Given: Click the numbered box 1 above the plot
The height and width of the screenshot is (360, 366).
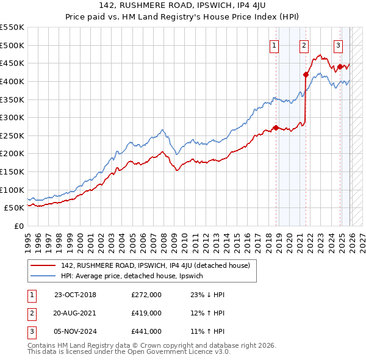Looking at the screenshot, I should pos(274,45).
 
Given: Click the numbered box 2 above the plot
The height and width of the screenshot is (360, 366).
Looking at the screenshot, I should pos(304,45).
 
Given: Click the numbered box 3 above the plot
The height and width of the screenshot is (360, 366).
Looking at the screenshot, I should pos(338,45).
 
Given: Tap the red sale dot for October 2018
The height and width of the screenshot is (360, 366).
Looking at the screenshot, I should pos(276,128).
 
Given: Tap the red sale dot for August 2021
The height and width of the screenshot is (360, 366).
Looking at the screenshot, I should pos(306,74).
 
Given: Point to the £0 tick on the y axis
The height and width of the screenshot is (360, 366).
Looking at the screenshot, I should pos(20,226).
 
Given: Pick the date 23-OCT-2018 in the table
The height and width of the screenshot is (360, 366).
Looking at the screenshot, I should pos(75,295).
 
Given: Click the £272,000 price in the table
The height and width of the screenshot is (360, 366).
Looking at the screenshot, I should pos(146,295).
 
